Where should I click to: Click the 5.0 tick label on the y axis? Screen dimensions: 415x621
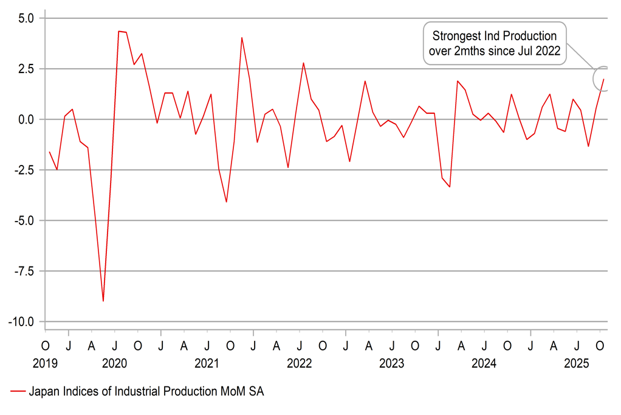coord(26,18)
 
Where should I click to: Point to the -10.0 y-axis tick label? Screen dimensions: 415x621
coord(22,321)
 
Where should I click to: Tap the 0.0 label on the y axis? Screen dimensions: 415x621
coord(26,119)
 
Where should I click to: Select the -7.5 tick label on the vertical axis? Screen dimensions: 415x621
coord(24,271)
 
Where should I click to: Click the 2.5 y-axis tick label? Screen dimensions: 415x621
coord(26,69)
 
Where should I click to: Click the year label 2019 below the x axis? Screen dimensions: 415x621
coord(46,364)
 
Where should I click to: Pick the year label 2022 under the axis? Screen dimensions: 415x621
coord(299,364)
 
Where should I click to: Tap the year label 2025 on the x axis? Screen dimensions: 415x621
coord(576,364)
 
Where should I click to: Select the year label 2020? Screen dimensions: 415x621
coord(114,364)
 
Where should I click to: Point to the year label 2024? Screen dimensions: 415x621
coord(484,364)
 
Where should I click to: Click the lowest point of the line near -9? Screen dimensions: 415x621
coord(103,301)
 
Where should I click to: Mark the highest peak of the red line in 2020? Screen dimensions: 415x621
coord(119,31)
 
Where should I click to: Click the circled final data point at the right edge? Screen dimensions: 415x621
coord(603,78)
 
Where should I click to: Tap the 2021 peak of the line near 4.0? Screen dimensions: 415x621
coord(242,38)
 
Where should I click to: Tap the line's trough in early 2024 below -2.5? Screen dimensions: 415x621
coord(450,187)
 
